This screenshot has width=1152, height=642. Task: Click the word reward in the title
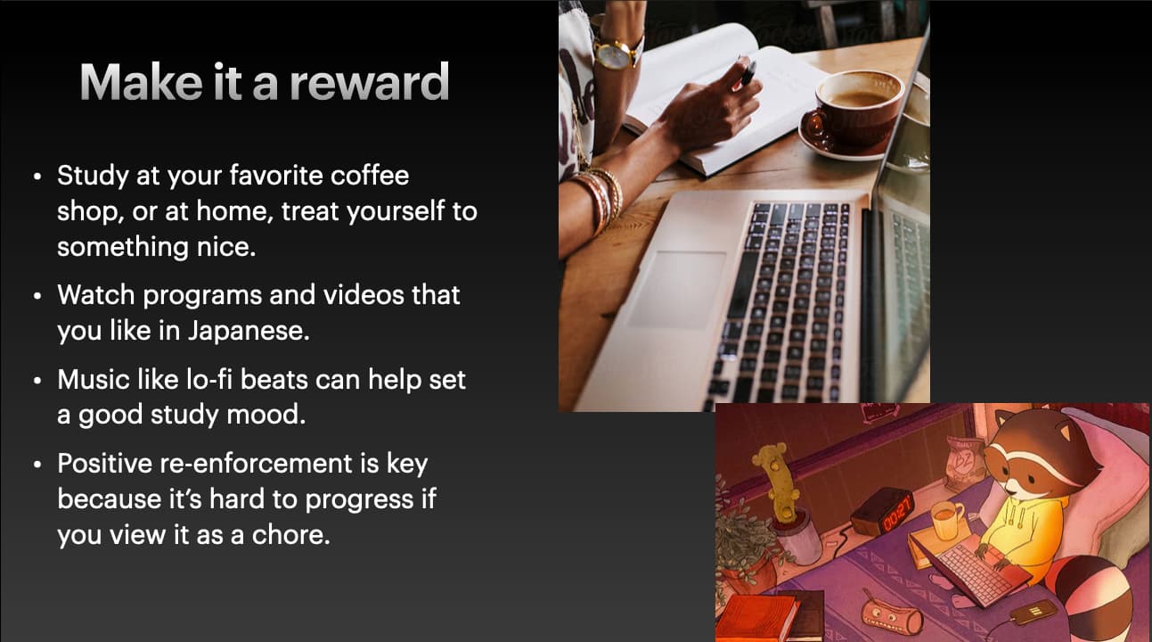(370, 82)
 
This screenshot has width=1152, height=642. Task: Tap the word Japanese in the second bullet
(249, 331)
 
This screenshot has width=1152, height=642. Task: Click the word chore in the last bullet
(290, 535)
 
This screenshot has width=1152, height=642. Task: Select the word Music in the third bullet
(93, 380)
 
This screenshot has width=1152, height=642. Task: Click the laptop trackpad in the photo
(677, 288)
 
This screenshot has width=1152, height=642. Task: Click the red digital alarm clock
(883, 511)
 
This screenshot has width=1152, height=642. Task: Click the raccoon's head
(1043, 453)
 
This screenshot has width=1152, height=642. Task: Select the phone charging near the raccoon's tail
(1034, 613)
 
